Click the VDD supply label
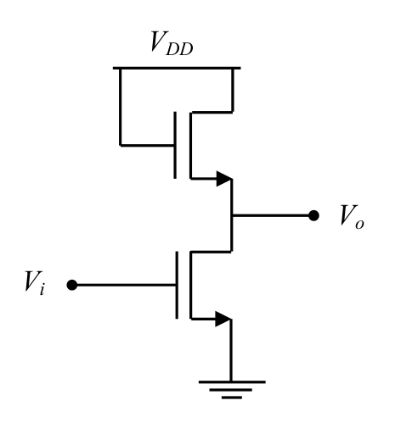(x=172, y=43)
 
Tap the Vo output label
(x=352, y=216)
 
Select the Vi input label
(x=35, y=283)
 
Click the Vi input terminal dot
(x=72, y=285)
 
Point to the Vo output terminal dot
(x=313, y=215)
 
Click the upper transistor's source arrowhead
(x=224, y=179)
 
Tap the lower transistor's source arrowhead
(x=223, y=319)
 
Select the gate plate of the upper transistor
(x=175, y=145)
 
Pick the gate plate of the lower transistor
(x=177, y=285)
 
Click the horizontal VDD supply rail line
(x=177, y=68)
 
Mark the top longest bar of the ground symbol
(x=232, y=382)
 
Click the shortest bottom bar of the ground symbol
(x=232, y=398)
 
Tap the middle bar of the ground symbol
(x=231, y=390)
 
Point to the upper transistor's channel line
(x=190, y=145)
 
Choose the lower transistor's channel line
(x=191, y=285)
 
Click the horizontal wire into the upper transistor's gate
(x=147, y=146)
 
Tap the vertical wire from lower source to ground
(x=231, y=350)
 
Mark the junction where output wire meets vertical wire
(x=232, y=215)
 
